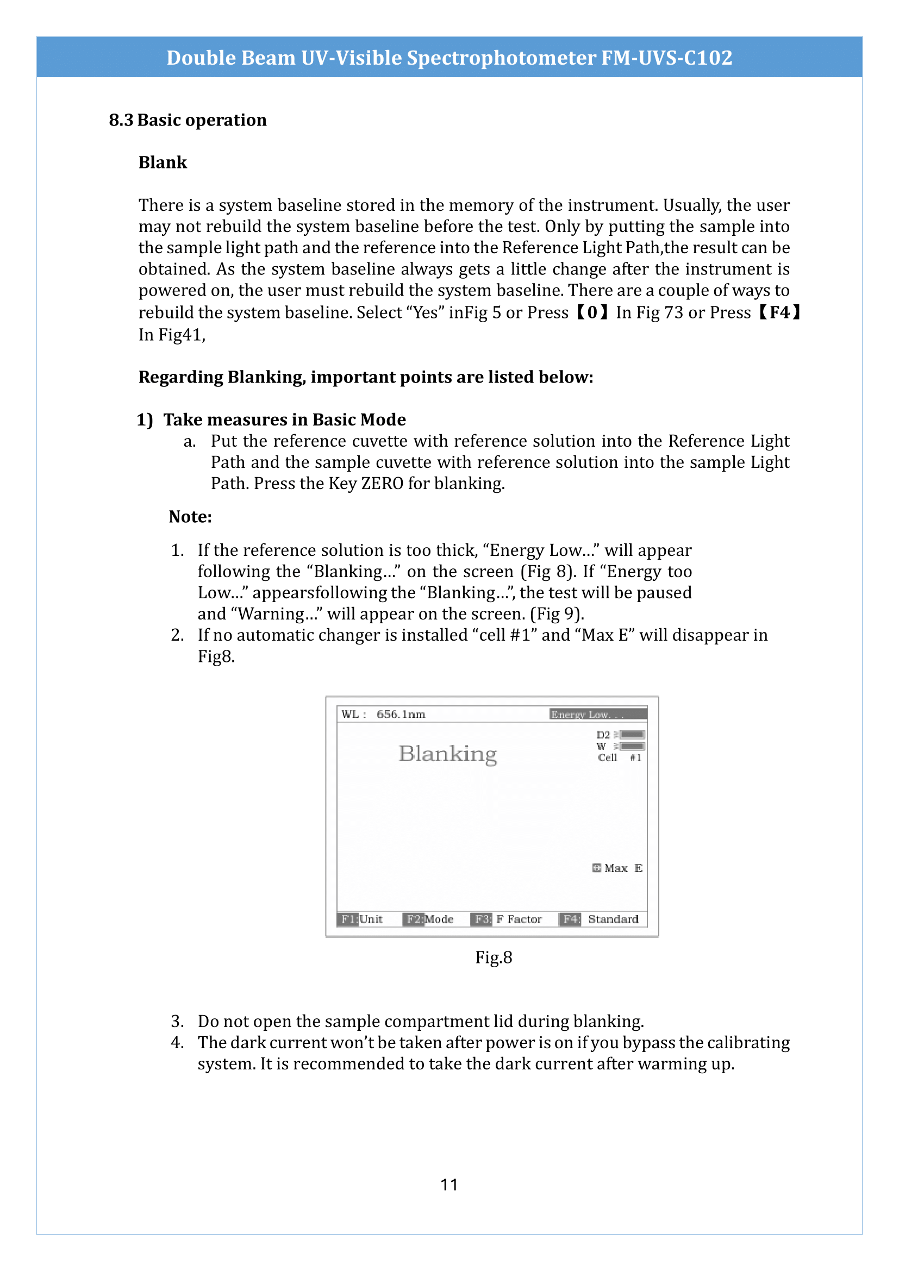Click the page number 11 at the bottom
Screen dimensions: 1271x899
click(449, 1184)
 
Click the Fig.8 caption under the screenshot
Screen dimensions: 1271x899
click(493, 957)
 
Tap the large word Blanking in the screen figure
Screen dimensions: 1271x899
click(448, 754)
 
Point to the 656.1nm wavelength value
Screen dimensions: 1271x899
click(401, 715)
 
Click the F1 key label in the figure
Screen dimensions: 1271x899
click(348, 919)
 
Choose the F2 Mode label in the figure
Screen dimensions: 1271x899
click(429, 919)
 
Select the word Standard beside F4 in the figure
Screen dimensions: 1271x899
click(613, 919)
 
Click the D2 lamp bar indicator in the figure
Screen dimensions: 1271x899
click(631, 735)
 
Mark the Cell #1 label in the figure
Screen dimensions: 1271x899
click(619, 758)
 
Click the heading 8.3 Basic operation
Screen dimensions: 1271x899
click(188, 120)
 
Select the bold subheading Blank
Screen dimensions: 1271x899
click(163, 163)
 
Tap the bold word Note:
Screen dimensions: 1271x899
click(190, 517)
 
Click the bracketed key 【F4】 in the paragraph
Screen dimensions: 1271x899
click(779, 313)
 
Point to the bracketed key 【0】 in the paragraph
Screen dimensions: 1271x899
click(592, 313)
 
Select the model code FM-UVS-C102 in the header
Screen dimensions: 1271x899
click(666, 58)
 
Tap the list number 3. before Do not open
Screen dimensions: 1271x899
click(177, 1022)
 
